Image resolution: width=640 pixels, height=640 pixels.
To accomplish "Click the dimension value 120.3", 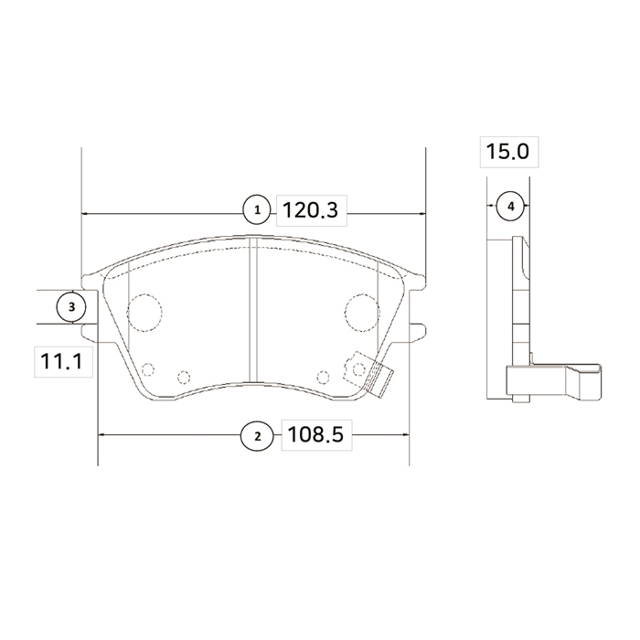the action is click(x=311, y=210).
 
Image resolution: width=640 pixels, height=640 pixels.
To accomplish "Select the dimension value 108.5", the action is click(x=315, y=434).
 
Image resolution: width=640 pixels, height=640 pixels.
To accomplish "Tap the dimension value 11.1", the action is click(x=61, y=361).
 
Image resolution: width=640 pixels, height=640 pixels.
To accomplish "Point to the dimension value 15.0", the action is click(x=507, y=152).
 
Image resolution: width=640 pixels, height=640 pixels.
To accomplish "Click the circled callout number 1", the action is click(x=257, y=210).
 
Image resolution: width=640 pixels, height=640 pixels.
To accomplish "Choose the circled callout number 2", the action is click(x=257, y=436).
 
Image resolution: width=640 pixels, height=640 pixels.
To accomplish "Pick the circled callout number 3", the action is click(x=71, y=306).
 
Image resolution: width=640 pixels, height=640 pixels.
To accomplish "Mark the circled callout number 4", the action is click(x=511, y=207).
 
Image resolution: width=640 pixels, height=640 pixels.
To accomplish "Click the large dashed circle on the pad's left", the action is click(x=144, y=313).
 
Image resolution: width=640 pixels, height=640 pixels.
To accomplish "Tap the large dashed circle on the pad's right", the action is click(x=362, y=313).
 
